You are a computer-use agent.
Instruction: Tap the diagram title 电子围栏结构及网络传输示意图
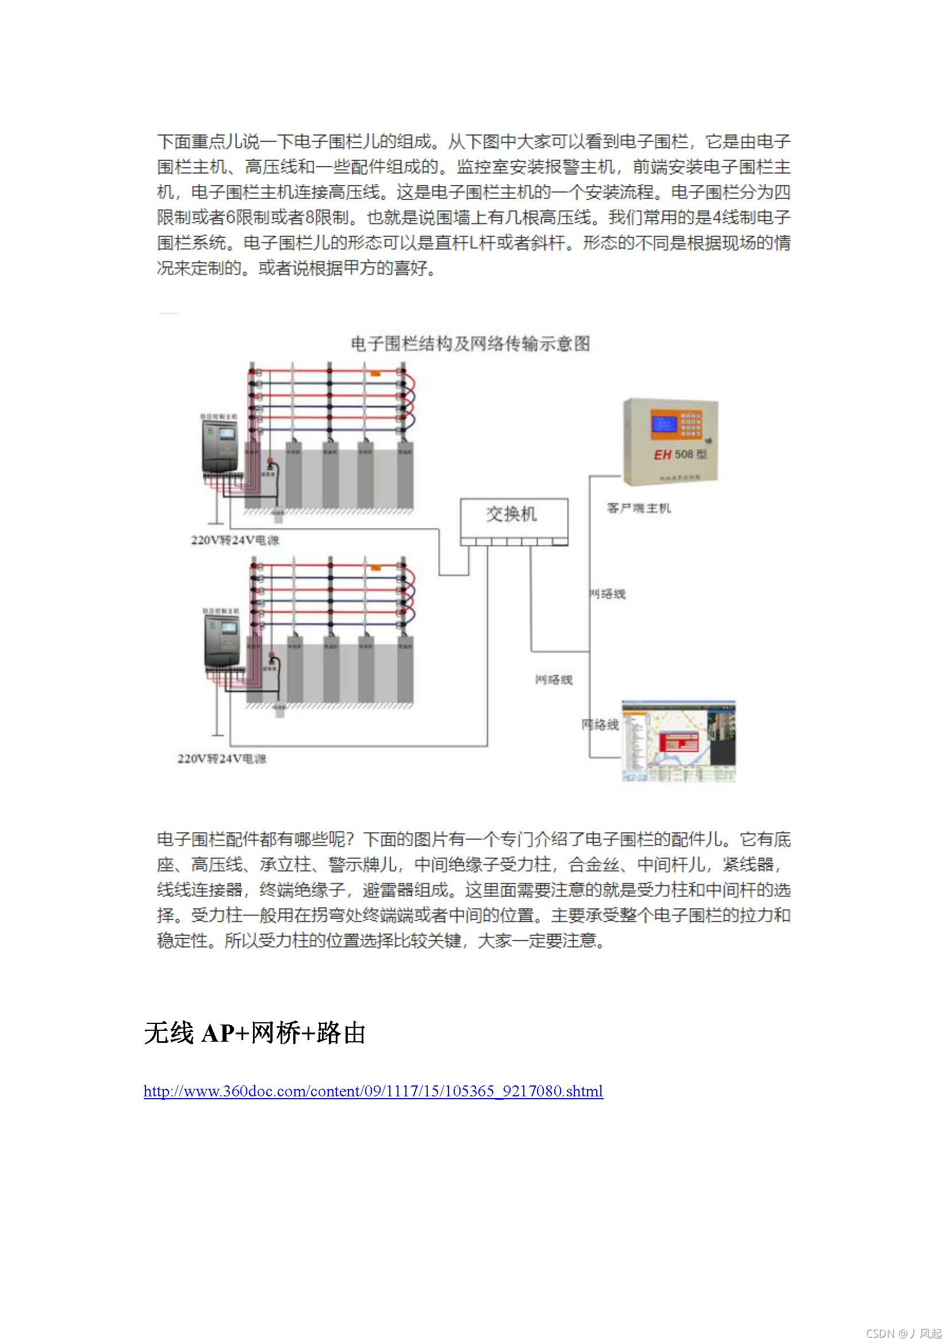[x=470, y=344]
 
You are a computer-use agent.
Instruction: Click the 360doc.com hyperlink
[x=373, y=1091]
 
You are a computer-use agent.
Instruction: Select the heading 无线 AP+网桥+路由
[x=255, y=1033]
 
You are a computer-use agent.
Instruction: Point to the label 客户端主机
[x=638, y=508]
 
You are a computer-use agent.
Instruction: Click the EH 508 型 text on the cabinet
[x=680, y=455]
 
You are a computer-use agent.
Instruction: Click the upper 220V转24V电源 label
[x=235, y=540]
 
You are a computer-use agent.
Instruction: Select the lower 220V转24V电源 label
[x=222, y=758]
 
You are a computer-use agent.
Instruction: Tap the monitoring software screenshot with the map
[x=678, y=741]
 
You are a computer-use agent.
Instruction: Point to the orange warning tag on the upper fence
[x=375, y=372]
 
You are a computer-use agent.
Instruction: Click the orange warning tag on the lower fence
[x=375, y=567]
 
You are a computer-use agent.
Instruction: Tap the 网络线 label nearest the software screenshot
[x=600, y=725]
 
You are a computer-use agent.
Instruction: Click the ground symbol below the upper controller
[x=216, y=521]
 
